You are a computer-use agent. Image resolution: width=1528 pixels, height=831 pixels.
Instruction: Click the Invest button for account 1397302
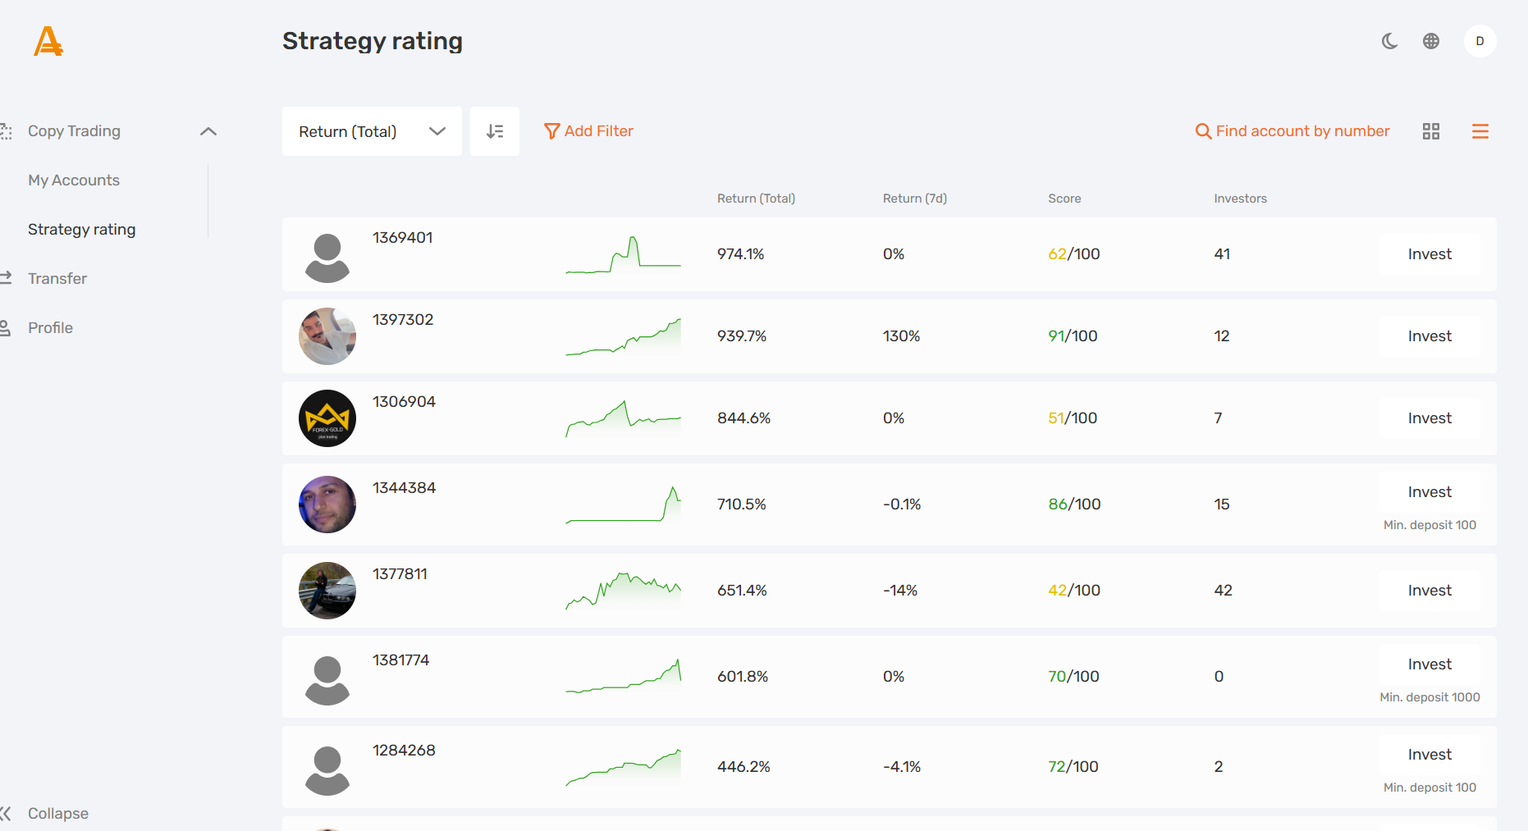point(1429,336)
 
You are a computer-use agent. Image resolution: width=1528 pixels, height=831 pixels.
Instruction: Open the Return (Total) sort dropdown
point(371,131)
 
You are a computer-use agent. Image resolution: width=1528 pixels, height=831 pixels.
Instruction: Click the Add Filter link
point(588,131)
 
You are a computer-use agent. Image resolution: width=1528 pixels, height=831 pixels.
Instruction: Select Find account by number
point(1292,131)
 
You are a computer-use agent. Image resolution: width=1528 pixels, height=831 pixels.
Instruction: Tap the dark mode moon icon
point(1389,41)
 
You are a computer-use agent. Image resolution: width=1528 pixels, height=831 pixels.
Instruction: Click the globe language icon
point(1430,41)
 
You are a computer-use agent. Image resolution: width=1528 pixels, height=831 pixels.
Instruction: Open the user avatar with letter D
point(1480,41)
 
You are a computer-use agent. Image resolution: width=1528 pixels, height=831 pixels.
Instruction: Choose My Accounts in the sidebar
point(74,180)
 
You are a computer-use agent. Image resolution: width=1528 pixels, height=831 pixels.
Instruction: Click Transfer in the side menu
point(57,279)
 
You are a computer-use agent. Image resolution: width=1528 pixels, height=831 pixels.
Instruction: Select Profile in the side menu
point(50,328)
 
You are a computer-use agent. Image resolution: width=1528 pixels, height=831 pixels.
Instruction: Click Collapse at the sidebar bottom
point(57,813)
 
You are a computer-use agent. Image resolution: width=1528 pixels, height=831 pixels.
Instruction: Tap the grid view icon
point(1430,131)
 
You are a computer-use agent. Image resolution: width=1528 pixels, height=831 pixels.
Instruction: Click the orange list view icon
point(1480,131)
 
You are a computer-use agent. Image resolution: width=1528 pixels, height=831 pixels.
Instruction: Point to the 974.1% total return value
point(740,254)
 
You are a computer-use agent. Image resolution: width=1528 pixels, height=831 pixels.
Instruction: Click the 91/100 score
point(1072,336)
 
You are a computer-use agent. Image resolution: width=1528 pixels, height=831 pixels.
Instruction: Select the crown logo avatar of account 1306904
point(327,418)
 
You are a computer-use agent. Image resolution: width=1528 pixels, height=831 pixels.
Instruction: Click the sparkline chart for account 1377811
point(623,591)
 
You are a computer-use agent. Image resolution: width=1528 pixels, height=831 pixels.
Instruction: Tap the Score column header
point(1064,199)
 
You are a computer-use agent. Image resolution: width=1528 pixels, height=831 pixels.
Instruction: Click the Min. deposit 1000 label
point(1429,697)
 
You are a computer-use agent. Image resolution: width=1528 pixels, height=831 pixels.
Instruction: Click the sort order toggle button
point(494,131)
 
